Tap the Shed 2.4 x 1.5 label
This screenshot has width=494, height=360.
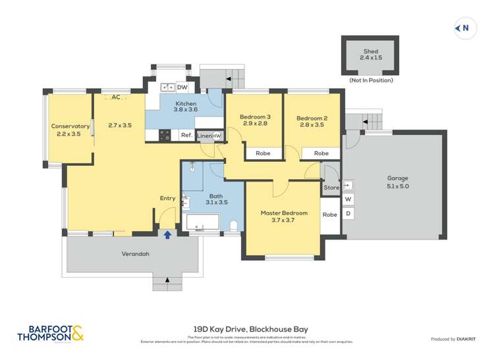tap(371, 55)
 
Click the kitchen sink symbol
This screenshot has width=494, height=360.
tap(167, 87)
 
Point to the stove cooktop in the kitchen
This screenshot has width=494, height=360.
tap(165, 135)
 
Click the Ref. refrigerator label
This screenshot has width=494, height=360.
tap(186, 136)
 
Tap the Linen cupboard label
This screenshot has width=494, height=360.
tap(205, 136)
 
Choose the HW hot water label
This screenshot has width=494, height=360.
tap(217, 136)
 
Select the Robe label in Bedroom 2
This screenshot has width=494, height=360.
tap(321, 153)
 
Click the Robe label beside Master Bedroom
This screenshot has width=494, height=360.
tap(330, 215)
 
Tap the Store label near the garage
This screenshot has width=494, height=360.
tap(331, 188)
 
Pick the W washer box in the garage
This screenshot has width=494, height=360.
tap(348, 199)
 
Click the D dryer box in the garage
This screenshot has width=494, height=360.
tap(348, 214)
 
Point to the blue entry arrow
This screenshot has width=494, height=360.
tap(167, 234)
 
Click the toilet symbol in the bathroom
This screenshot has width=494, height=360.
tap(233, 225)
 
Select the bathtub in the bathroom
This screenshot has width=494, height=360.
tap(203, 223)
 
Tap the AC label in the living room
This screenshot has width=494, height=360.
tap(116, 97)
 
